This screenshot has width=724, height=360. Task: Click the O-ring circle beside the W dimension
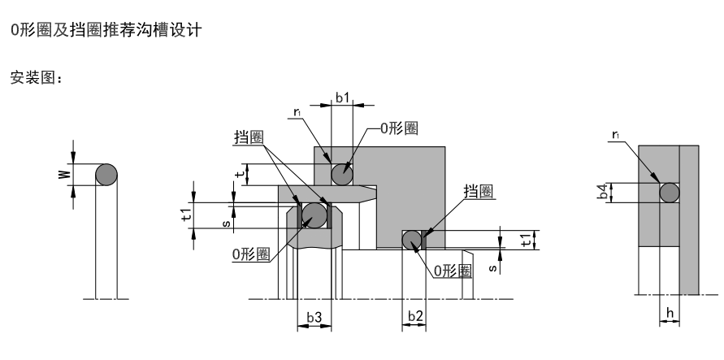(x=107, y=175)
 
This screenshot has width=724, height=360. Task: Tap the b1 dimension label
(x=342, y=98)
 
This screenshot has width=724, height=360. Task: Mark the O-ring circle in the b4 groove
(x=669, y=193)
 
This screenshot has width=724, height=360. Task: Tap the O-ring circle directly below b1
(x=341, y=174)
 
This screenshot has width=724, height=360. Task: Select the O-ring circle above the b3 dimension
(x=314, y=215)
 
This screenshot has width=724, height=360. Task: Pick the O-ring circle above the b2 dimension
(x=413, y=240)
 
